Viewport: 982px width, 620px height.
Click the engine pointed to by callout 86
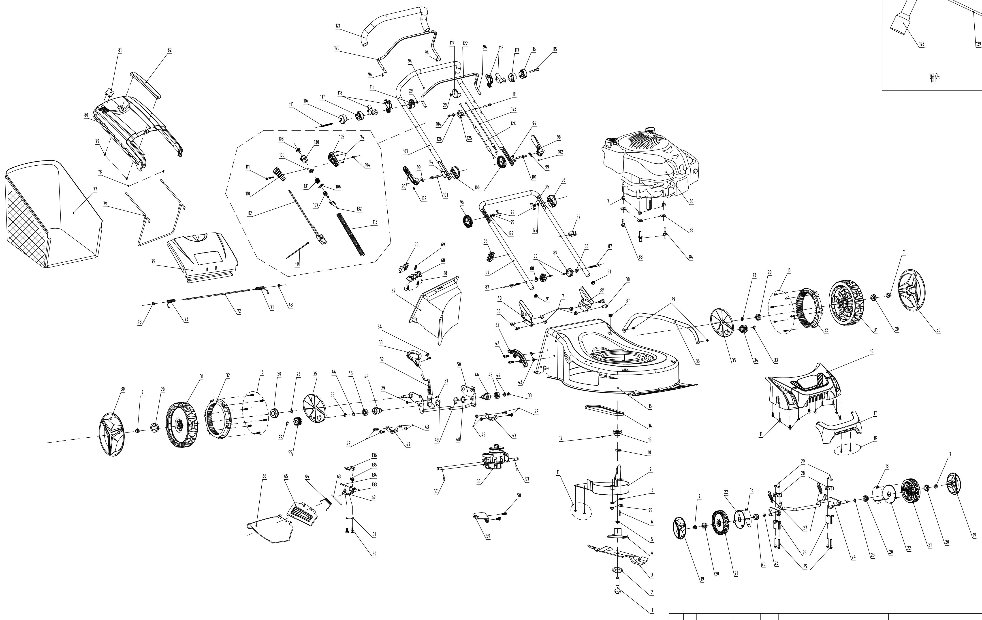651,167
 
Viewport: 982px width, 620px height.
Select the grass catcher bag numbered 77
53,214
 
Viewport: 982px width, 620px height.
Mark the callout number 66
264,476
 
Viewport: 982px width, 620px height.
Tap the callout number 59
488,536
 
